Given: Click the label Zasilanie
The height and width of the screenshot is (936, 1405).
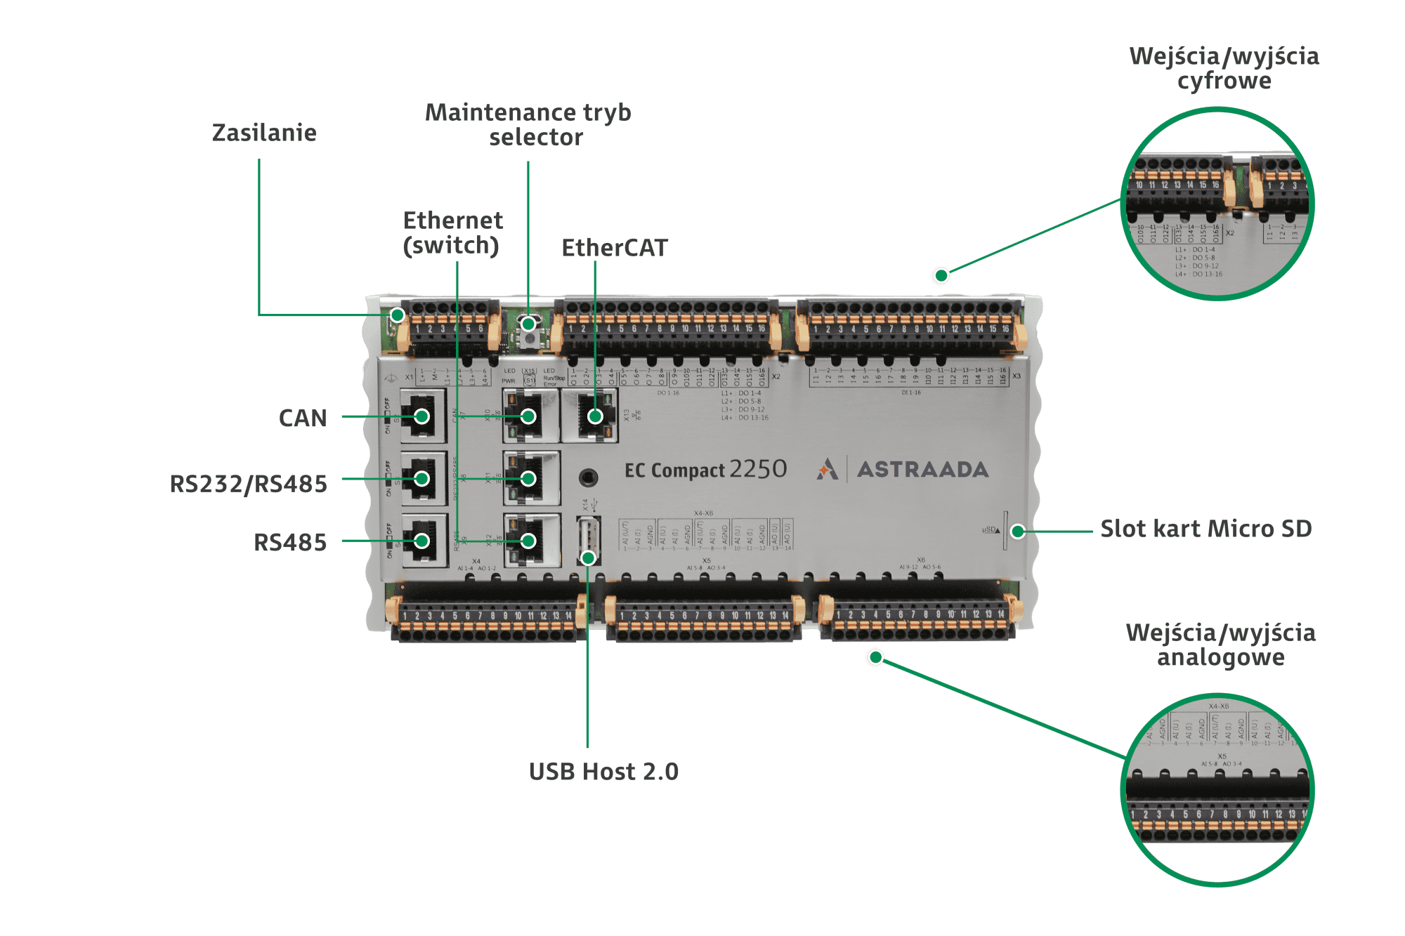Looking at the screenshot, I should (x=264, y=133).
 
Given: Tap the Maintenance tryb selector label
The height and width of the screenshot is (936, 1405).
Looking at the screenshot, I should (x=528, y=124).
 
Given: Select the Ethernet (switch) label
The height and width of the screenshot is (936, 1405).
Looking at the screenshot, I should (x=452, y=233).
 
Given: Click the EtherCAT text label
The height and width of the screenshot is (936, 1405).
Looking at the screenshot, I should (x=614, y=248).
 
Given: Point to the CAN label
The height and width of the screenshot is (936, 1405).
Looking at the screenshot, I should (x=303, y=418).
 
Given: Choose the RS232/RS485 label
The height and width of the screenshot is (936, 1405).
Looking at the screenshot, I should (x=248, y=484).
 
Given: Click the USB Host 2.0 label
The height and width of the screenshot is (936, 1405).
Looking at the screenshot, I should (x=603, y=772).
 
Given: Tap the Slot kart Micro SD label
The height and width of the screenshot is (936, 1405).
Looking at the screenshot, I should (x=1205, y=529).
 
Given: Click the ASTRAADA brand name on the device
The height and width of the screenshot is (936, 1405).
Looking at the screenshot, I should (x=922, y=469).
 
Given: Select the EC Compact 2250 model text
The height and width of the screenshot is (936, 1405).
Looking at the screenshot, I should (x=705, y=469).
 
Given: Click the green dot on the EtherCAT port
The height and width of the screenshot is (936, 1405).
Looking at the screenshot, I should (x=595, y=416).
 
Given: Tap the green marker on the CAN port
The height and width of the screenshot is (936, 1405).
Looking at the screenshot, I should (x=421, y=416).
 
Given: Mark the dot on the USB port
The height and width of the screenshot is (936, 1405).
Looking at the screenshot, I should (x=588, y=558).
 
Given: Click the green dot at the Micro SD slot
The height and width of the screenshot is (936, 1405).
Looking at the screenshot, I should (x=1017, y=531).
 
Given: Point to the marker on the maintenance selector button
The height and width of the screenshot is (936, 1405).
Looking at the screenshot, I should (x=528, y=324).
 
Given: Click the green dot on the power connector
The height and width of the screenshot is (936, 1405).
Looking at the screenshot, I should (x=398, y=315).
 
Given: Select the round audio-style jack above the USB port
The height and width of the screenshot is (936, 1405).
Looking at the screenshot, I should (x=589, y=478).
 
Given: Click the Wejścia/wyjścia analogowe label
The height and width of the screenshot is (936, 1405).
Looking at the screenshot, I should (x=1220, y=645).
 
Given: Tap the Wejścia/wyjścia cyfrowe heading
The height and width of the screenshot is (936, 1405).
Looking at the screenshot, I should (x=1224, y=68).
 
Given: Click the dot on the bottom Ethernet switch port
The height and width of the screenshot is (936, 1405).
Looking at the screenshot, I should (x=528, y=541).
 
